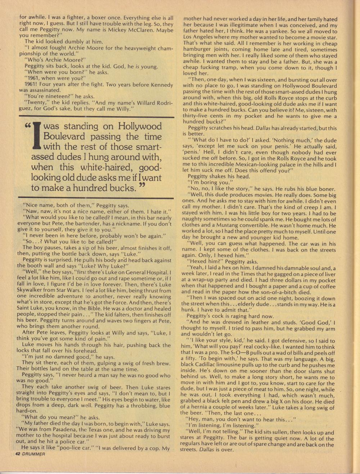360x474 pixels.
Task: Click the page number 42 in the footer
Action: pyautogui.click(x=18, y=454)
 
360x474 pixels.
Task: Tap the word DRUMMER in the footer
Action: pyautogui.click(x=33, y=454)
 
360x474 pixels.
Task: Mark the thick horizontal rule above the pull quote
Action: pyautogui.click(x=96, y=117)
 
